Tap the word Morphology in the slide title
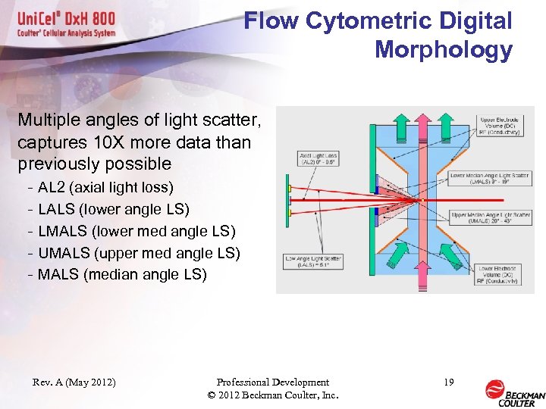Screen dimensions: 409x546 [x=443, y=50]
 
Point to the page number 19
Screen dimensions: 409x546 [x=448, y=382]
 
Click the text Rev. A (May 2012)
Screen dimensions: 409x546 [x=74, y=382]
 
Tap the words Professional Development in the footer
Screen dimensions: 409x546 [x=272, y=382]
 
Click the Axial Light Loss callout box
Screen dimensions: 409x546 [x=318, y=158]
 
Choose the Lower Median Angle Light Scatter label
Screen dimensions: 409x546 [x=489, y=179]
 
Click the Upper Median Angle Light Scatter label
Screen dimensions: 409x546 [x=491, y=217]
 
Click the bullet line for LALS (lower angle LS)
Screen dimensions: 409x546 [x=113, y=209]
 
